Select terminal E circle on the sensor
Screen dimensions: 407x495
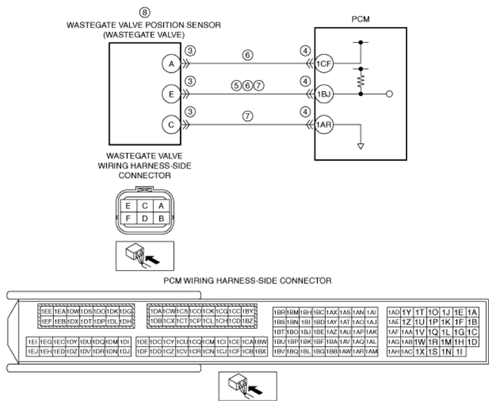[x=171, y=93]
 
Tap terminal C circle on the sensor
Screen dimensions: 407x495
[x=171, y=124]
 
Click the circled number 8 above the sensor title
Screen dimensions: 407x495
[x=144, y=12]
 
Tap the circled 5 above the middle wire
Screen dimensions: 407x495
[x=237, y=86]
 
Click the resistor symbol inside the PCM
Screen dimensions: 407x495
[x=360, y=81]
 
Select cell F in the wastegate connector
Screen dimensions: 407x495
[x=128, y=218]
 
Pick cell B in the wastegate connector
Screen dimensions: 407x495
[x=160, y=218]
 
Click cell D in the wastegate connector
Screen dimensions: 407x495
[x=144, y=218]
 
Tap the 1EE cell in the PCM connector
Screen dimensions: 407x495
[x=47, y=312]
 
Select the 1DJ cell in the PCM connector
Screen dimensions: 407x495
[x=124, y=352]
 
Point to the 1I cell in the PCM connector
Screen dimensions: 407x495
[x=460, y=352]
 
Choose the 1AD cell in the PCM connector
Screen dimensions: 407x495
[x=393, y=312]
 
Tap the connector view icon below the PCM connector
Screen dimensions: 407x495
[x=247, y=386]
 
